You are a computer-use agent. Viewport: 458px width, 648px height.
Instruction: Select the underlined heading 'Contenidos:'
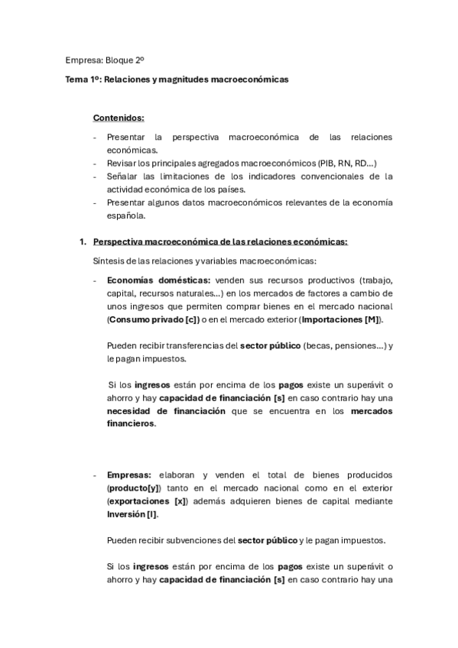(119, 118)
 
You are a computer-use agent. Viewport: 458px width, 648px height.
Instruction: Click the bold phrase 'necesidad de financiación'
(166, 411)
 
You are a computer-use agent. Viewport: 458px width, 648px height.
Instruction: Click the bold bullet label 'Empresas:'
(129, 475)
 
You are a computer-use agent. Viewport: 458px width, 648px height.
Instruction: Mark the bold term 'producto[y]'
(135, 488)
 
